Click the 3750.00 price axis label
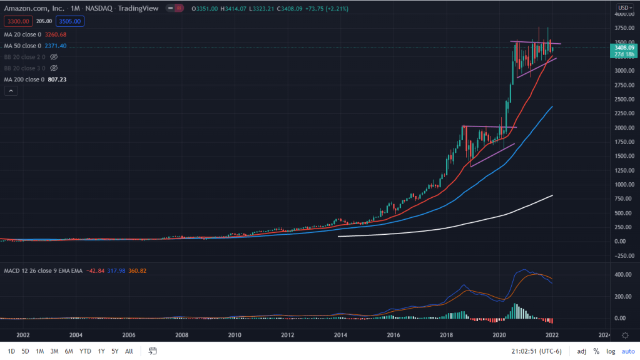click(x=622, y=28)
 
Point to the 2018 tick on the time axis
click(x=447, y=336)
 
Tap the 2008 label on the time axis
click(x=181, y=336)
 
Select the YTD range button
click(x=85, y=351)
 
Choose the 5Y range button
click(x=115, y=351)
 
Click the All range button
click(x=129, y=351)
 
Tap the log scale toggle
click(x=611, y=351)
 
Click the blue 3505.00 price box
click(x=71, y=21)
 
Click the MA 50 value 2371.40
click(x=60, y=46)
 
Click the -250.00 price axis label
click(x=622, y=255)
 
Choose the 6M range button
click(x=69, y=351)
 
